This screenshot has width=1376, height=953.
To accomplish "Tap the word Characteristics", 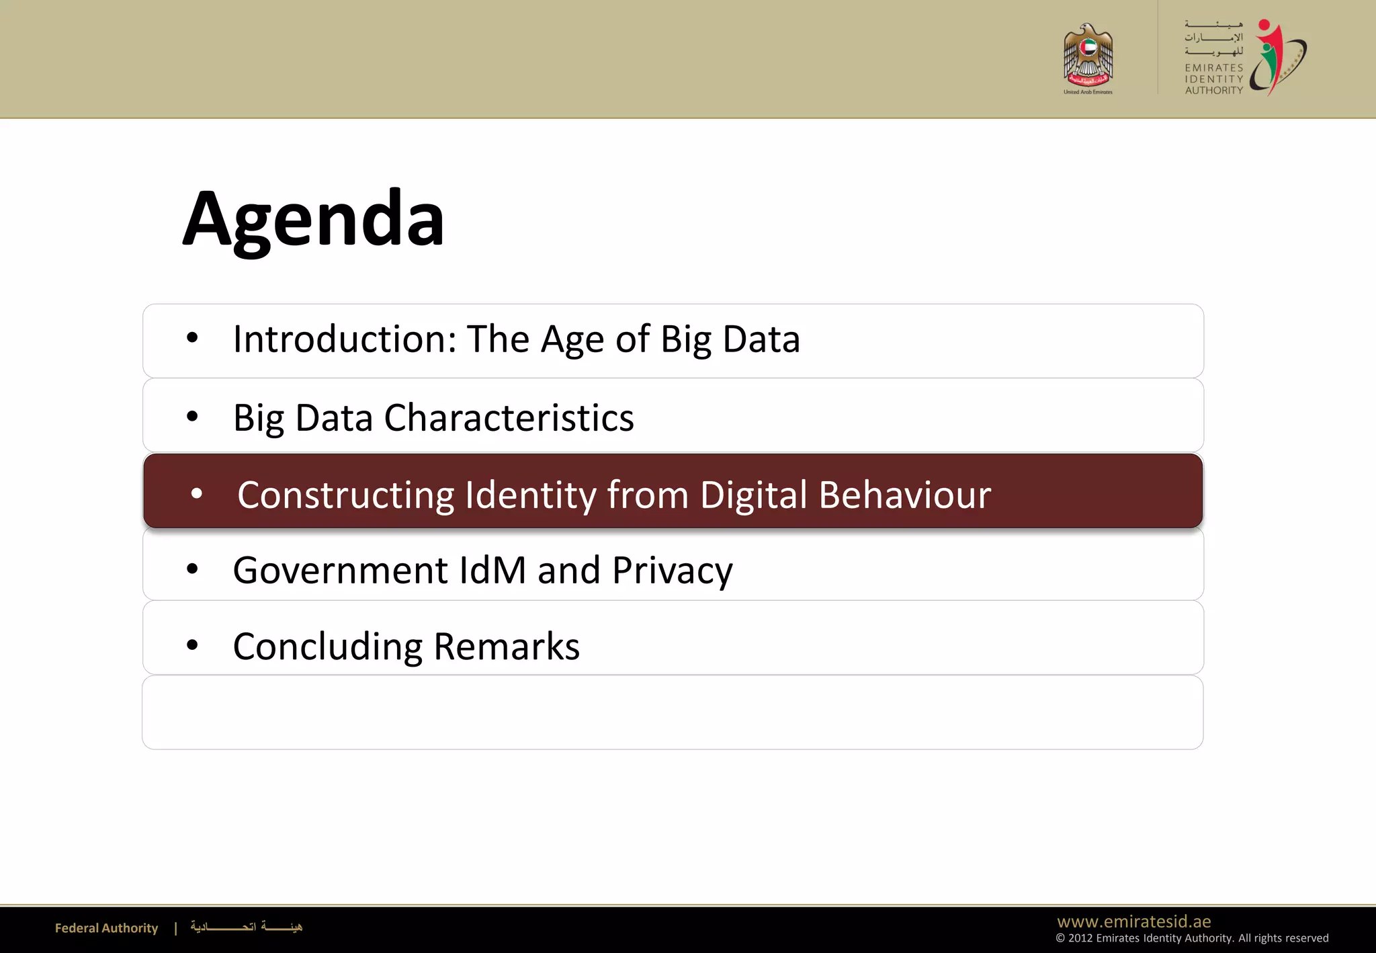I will coord(509,418).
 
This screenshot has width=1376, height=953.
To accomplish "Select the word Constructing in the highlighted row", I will coord(345,495).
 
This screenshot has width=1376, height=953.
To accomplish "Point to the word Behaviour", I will coord(904,495).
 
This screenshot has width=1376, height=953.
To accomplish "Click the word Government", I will coord(340,571).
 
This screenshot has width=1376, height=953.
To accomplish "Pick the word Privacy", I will coord(672,571).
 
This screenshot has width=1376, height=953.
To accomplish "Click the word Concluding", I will coord(327,647).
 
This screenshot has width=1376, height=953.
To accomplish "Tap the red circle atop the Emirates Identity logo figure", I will coord(1264,26).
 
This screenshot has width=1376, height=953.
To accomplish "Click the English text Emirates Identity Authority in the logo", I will coord(1213,79).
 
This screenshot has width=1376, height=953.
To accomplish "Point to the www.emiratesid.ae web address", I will coord(1133,921).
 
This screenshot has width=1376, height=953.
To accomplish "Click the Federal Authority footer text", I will coord(106,928).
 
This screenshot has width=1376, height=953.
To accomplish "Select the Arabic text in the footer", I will coord(246,927).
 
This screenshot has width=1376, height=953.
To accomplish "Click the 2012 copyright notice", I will coord(1191,938).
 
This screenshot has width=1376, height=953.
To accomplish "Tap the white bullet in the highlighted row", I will coord(197,494).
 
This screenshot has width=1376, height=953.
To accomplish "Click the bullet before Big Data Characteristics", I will coord(192,417).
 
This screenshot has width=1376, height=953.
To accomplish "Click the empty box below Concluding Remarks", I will coord(672,712).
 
